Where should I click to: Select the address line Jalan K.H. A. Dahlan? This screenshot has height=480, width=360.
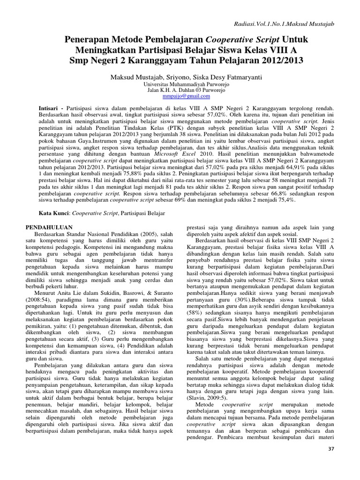tap(180, 90)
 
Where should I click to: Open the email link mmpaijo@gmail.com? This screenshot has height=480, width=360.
tap(180, 96)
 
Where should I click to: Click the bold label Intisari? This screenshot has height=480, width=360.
tap(48, 108)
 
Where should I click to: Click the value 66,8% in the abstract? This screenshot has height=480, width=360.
tap(265, 192)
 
